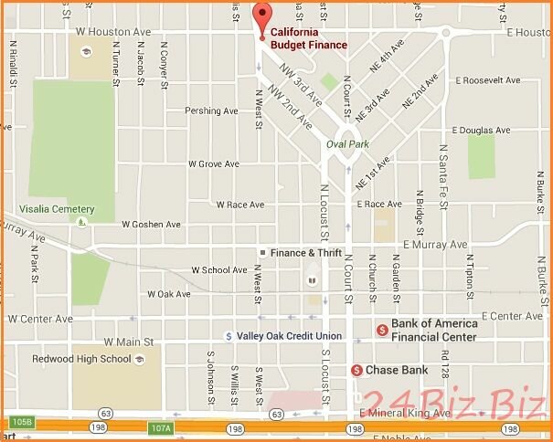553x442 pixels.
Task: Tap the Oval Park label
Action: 346,143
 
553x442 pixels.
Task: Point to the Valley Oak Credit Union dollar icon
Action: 229,336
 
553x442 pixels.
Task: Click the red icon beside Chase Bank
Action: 356,370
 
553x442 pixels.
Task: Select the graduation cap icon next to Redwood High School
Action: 139,359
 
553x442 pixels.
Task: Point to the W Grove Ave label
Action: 213,164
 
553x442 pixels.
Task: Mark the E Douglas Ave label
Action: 481,130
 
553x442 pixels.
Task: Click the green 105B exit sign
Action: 22,422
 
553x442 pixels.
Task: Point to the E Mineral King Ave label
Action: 405,414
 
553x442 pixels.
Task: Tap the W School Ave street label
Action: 218,270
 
